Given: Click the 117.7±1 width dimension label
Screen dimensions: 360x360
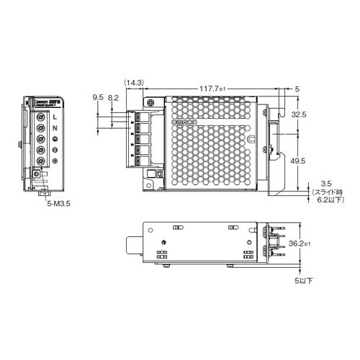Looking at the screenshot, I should point(215,89).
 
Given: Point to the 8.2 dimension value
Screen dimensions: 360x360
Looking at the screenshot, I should point(113,95).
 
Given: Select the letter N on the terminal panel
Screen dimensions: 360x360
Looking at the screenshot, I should point(55,127).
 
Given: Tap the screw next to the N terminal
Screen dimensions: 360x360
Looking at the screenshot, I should point(40,127).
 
